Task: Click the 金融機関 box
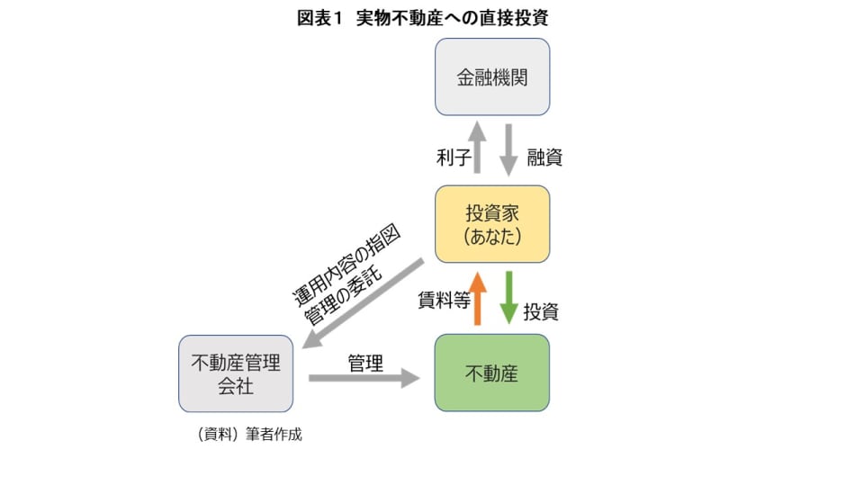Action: [x=491, y=76]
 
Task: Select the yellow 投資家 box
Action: [x=491, y=224]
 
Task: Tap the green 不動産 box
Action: [x=491, y=373]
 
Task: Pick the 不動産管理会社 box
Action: [x=236, y=373]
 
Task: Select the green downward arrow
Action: [x=508, y=297]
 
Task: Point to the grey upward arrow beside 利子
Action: [x=478, y=148]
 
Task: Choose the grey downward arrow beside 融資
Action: [x=508, y=149]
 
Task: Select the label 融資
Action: [x=543, y=157]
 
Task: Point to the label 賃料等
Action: [x=444, y=301]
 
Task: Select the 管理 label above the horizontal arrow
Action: [x=365, y=364]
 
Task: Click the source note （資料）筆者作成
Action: [x=248, y=434]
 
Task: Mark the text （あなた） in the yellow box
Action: [x=491, y=237]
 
